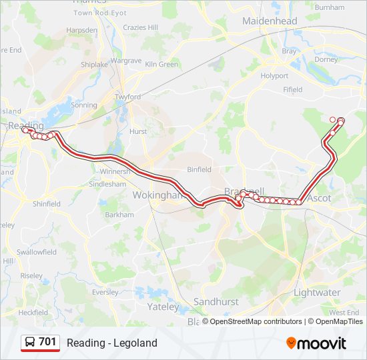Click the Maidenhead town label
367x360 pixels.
click(x=270, y=21)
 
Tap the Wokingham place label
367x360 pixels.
click(x=157, y=195)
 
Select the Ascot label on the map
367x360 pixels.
click(x=319, y=198)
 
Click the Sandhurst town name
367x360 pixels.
click(x=216, y=301)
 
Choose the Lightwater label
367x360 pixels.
click(x=317, y=292)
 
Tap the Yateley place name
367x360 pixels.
click(x=163, y=307)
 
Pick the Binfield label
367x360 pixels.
click(x=199, y=169)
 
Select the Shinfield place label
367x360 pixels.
click(x=47, y=204)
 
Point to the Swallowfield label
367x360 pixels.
click(x=37, y=252)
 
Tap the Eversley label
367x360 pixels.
click(x=105, y=291)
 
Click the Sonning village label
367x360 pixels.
click(x=84, y=105)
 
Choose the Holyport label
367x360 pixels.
click(x=274, y=76)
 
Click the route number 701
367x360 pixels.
click(x=47, y=342)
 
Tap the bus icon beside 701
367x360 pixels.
click(x=30, y=343)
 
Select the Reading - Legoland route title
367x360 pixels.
click(x=111, y=343)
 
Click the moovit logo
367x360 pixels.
click(x=316, y=343)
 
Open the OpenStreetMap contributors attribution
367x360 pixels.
click(x=256, y=321)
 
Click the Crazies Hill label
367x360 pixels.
click(x=140, y=27)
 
